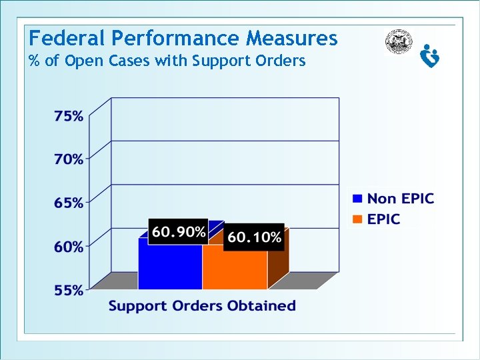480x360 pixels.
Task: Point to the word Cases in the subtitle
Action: click(127, 61)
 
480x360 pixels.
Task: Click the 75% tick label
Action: click(69, 116)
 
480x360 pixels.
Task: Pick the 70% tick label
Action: click(69, 159)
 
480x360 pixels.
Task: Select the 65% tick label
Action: click(69, 203)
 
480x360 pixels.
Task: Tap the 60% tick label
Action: click(69, 247)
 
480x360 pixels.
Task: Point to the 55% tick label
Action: click(69, 290)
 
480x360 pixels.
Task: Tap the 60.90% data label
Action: click(179, 232)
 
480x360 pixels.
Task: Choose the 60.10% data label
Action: click(254, 237)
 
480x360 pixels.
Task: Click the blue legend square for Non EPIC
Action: click(357, 199)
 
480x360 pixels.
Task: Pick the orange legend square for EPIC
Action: click(357, 219)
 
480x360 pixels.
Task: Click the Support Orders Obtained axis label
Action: click(202, 306)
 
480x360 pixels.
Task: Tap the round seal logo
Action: click(399, 42)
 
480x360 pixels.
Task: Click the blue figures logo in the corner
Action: click(430, 55)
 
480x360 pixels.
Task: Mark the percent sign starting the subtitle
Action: click(34, 61)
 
